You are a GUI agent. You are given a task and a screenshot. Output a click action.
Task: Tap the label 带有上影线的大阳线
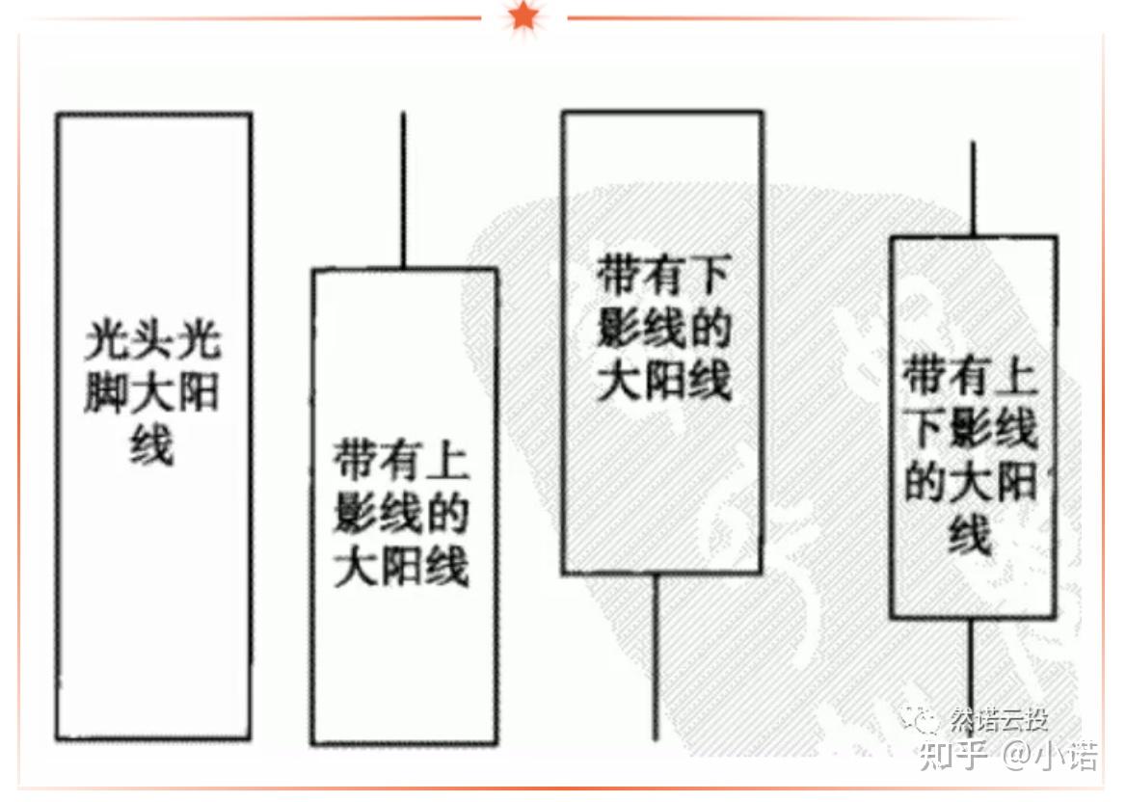[x=402, y=516]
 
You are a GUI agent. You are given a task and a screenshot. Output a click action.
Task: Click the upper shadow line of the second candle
[x=403, y=190]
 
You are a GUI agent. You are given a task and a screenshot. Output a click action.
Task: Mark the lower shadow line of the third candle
[x=657, y=655]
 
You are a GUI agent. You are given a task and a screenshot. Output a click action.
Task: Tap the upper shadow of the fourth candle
[x=973, y=189]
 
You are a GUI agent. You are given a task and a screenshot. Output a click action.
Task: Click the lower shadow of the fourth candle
[x=971, y=665]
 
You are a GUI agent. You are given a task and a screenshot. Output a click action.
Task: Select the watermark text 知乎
[x=953, y=755]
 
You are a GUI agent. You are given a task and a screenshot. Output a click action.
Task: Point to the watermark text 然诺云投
[x=999, y=719]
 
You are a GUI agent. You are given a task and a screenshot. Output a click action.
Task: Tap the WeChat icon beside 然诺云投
[x=919, y=718]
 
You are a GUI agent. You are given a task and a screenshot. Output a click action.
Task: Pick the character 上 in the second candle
[x=446, y=463]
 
